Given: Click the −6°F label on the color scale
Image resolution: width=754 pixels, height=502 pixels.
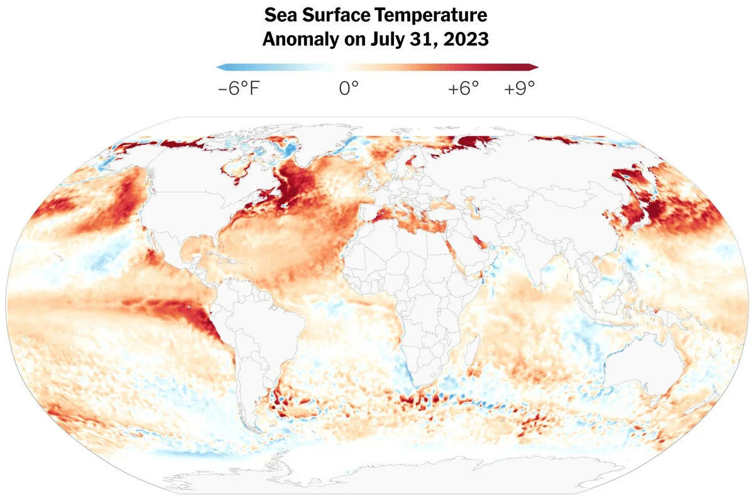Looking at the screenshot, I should pyautogui.click(x=238, y=89).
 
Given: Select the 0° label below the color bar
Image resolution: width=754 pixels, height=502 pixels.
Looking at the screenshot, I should pyautogui.click(x=349, y=89).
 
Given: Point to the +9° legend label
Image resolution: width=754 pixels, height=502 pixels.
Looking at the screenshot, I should pyautogui.click(x=520, y=89).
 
